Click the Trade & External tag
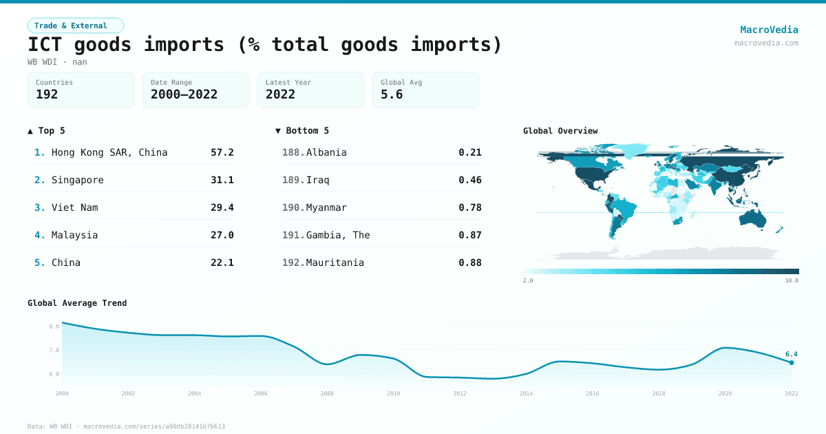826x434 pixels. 75,25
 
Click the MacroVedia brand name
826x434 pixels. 769,30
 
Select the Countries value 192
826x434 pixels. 47,94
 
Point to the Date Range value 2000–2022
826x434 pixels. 184,94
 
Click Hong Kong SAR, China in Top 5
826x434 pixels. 109,152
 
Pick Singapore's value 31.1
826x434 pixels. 222,180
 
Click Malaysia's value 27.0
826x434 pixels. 222,235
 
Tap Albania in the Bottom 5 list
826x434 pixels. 326,152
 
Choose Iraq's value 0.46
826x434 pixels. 469,180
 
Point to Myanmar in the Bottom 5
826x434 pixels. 326,207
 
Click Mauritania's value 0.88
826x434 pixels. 469,262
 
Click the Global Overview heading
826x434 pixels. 560,131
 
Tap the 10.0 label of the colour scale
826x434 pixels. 792,280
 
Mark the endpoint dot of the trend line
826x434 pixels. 792,362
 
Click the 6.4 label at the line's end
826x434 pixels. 791,354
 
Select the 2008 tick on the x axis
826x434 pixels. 327,393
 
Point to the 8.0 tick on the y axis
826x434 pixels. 54,327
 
